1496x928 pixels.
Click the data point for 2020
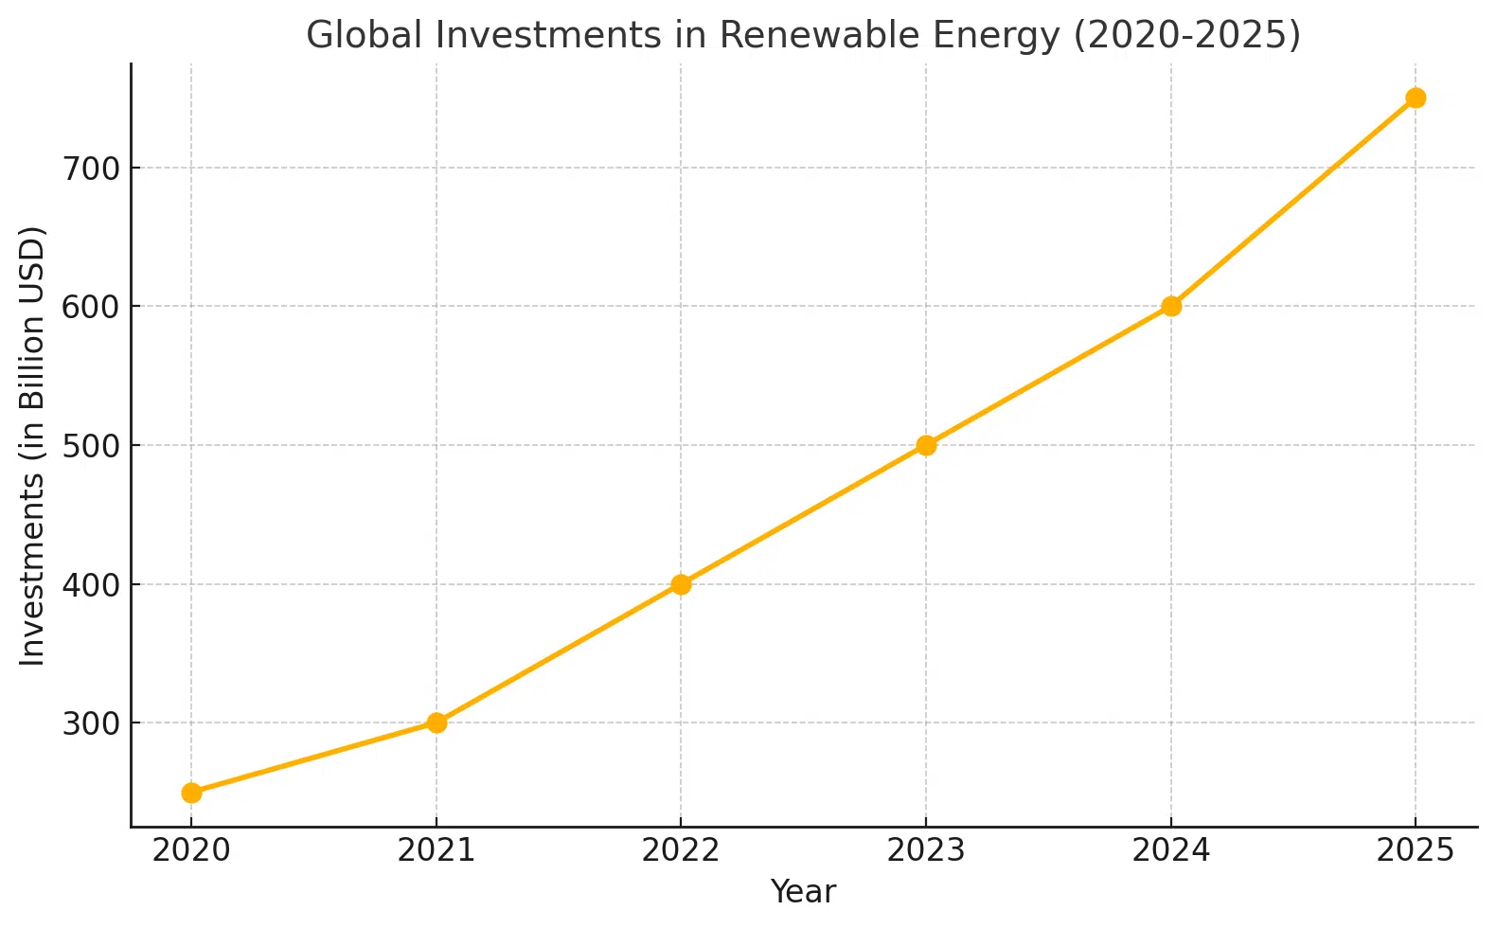191,793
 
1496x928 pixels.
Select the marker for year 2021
436,723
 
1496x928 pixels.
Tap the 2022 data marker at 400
681,584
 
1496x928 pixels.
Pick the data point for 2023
926,445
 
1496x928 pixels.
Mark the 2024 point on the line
1171,306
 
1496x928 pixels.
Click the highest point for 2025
1416,98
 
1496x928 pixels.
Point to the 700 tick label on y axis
91,169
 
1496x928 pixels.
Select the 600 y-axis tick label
91,307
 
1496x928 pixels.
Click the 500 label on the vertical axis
91,446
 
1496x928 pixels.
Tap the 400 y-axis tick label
91,584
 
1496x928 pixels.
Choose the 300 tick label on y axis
91,723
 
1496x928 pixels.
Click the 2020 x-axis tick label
191,850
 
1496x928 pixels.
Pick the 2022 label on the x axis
681,850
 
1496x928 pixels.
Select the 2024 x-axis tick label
1171,850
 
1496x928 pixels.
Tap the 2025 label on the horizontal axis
1416,850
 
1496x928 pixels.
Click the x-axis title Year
803,892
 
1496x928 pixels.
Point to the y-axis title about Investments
33,445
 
